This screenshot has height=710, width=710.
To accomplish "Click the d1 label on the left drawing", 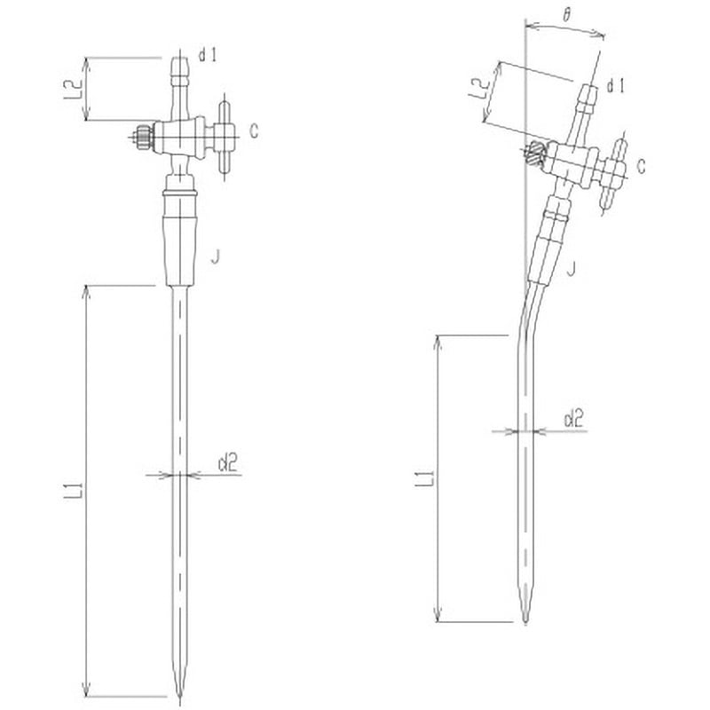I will click(x=209, y=56).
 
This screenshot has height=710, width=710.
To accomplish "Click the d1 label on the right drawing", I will click(x=616, y=85).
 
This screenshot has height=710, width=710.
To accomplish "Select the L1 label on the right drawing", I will click(x=427, y=478).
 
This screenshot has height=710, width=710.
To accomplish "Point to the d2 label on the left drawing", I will click(x=227, y=461).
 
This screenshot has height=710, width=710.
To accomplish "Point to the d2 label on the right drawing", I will click(x=574, y=417).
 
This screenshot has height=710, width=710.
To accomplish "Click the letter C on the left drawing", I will click(x=254, y=132).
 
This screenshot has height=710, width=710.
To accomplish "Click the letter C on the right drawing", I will click(x=641, y=164).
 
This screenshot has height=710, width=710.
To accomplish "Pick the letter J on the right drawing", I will click(x=571, y=265).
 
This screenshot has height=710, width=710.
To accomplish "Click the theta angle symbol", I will click(x=567, y=16).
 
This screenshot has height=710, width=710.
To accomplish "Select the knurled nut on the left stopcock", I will click(x=140, y=137).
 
